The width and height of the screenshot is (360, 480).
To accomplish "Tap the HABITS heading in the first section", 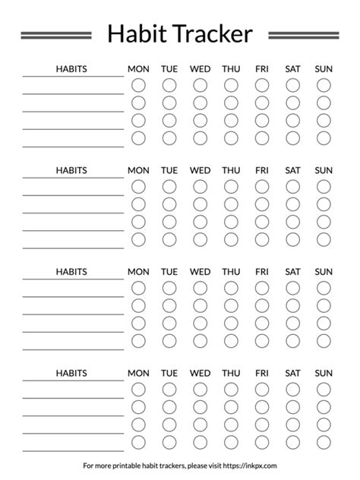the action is (x=71, y=69).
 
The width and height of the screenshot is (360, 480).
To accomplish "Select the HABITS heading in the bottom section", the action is (x=71, y=373).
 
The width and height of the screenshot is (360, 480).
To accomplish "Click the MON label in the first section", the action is (x=138, y=69).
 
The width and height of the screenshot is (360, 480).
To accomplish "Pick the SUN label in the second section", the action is (x=324, y=170).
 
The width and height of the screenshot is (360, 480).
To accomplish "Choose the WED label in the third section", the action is (x=200, y=271).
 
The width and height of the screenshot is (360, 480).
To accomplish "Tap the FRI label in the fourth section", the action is (x=262, y=373).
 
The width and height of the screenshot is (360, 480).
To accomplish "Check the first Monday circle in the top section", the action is (x=138, y=85).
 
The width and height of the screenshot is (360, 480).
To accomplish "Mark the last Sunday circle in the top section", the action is (x=324, y=137).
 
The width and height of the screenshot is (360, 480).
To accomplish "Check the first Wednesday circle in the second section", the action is (x=200, y=187).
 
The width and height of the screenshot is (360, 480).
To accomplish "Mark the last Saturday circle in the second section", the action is (x=292, y=239).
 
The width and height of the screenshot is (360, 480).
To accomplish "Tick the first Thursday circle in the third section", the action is (x=231, y=288).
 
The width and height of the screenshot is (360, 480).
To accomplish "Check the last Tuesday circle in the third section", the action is (x=169, y=340).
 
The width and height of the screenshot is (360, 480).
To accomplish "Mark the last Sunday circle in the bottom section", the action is (x=324, y=442).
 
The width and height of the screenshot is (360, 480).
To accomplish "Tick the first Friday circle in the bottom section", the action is (x=262, y=390).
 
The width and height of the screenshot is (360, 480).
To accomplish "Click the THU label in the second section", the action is (x=231, y=170).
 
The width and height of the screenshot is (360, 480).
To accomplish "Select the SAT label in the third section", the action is (x=292, y=271).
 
